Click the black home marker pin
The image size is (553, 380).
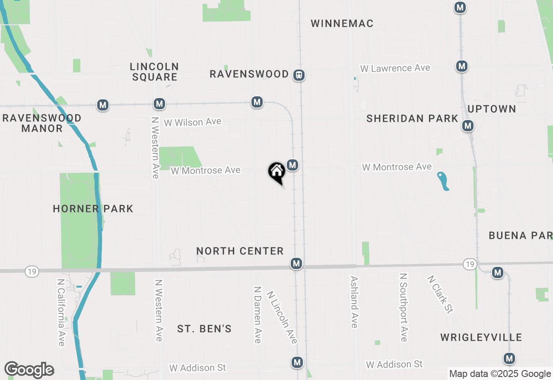(x=276, y=172)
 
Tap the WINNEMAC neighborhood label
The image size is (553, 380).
(x=342, y=23)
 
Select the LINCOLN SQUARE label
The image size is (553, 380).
(x=155, y=72)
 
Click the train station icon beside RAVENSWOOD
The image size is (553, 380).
(x=299, y=75)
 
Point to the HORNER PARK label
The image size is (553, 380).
(x=93, y=209)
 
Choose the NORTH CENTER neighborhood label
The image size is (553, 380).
(x=240, y=251)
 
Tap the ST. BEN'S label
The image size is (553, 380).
(x=204, y=329)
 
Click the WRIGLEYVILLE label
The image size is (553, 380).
(x=481, y=337)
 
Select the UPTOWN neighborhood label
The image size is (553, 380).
(x=492, y=109)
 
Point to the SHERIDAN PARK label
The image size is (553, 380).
(x=412, y=118)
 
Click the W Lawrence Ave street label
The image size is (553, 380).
(x=395, y=68)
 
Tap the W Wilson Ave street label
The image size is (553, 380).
(x=192, y=122)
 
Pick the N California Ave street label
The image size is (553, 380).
(x=61, y=312)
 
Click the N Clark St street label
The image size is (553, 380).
(x=440, y=294)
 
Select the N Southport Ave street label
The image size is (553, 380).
(x=404, y=307)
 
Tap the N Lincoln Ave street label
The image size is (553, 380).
(x=282, y=317)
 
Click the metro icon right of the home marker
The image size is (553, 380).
(x=292, y=165)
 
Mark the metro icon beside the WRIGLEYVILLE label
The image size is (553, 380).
(x=509, y=358)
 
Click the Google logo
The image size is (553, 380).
(x=29, y=370)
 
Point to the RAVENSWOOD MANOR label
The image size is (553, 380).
(x=42, y=123)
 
